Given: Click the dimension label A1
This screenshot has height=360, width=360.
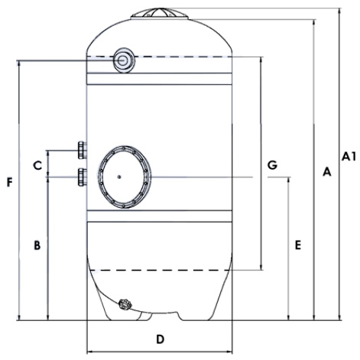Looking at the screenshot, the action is point(349,157).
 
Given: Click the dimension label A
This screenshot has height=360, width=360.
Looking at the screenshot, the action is point(327,171).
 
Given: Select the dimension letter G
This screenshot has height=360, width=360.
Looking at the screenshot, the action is point(272,165).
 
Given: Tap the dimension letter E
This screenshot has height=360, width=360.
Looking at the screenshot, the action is point(298,245).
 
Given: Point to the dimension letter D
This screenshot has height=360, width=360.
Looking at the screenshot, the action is point(160,339).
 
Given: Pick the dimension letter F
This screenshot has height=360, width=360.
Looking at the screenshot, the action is point(10,183).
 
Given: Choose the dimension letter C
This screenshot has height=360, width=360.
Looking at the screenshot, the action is point(37,166).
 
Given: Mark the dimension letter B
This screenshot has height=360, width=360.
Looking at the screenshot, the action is point(37,245).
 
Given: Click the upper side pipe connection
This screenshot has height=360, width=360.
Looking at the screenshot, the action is point(83,150).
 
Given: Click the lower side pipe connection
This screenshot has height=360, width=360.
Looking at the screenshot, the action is point(83,177).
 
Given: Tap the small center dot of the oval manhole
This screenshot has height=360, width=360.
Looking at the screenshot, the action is point(119,177).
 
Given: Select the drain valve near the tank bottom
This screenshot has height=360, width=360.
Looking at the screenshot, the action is point(125,304).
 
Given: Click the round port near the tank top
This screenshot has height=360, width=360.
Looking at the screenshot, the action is point(124,60).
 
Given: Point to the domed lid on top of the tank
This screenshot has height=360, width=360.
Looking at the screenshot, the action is point(159,13).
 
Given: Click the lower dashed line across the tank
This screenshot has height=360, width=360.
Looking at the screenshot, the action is point(159,270).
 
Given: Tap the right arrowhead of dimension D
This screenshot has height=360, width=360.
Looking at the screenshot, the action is point(230,352).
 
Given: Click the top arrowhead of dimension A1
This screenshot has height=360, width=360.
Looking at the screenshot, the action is point(339,11).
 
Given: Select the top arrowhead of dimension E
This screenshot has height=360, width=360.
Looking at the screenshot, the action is point(289,180).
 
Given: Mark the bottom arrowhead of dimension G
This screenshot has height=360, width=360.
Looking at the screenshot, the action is point(261,267).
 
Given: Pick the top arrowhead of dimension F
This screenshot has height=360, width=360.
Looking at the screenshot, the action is point(19,63).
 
